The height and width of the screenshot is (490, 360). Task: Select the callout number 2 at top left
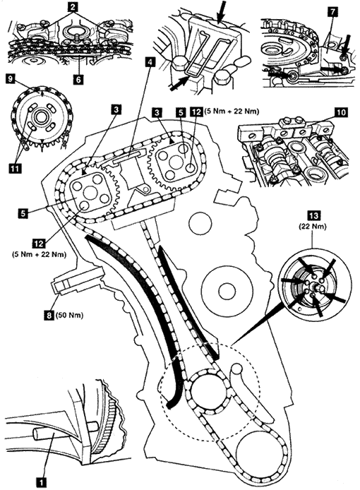click(73, 7)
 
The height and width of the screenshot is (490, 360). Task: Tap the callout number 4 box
click(150, 63)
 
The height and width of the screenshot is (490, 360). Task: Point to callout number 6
click(78, 79)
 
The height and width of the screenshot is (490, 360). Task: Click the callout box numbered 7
click(332, 12)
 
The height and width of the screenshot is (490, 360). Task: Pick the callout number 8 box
click(49, 316)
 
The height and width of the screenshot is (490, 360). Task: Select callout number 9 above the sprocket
click(11, 78)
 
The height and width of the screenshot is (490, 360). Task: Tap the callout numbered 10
click(341, 112)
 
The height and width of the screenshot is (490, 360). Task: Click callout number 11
click(15, 169)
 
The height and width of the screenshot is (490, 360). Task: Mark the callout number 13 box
click(313, 216)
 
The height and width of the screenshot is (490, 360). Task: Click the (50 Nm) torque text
click(69, 316)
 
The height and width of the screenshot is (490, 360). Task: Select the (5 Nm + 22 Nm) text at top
click(231, 112)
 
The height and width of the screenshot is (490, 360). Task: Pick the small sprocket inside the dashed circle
click(206, 391)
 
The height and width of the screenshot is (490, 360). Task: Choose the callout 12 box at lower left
click(39, 244)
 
